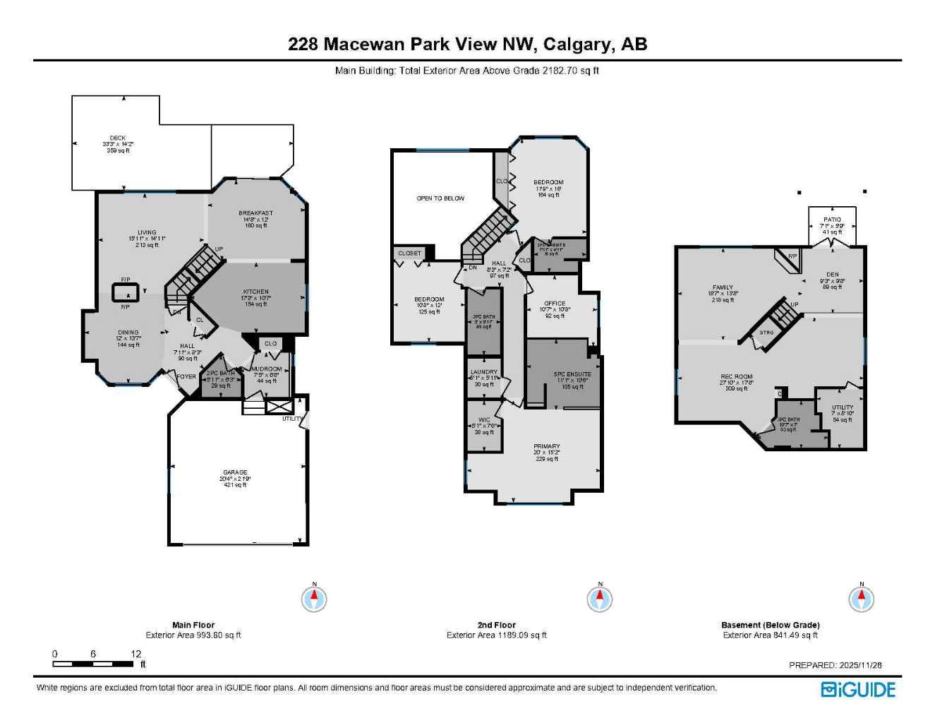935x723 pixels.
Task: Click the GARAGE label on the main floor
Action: [x=235, y=472]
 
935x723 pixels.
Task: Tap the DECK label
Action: [x=118, y=138]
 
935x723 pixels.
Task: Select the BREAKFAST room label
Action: [x=255, y=213]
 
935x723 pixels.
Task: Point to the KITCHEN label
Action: [x=255, y=292]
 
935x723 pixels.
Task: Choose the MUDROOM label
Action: [x=267, y=369]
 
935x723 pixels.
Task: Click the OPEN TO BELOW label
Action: [x=440, y=198]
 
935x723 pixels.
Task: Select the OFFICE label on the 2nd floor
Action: [x=555, y=304]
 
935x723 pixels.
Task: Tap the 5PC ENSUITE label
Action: [x=572, y=374]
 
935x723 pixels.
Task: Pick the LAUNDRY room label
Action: [x=483, y=371]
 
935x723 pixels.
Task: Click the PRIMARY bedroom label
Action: [x=546, y=446]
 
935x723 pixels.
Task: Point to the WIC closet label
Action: [x=484, y=420]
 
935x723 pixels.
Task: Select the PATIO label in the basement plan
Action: [x=832, y=220]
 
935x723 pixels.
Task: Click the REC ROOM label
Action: [x=736, y=376]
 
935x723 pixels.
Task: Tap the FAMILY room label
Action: [x=723, y=287]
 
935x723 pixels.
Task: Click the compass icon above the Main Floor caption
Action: [x=314, y=599]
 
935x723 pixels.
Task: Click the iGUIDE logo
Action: [x=858, y=690]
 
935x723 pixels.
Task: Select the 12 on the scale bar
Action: [x=136, y=654]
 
